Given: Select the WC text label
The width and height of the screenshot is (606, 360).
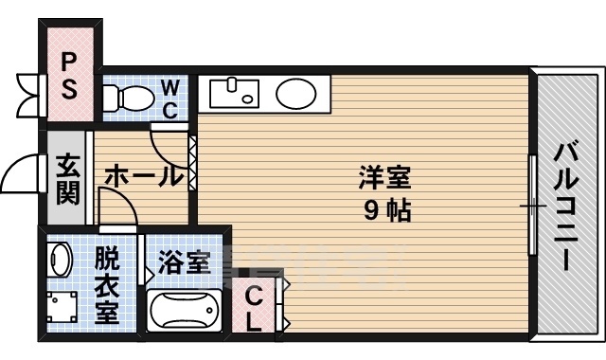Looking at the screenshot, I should click(x=169, y=99).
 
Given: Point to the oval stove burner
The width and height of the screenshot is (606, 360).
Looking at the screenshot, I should click(x=296, y=93).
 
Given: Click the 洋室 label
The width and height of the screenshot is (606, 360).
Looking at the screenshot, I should click(x=384, y=178).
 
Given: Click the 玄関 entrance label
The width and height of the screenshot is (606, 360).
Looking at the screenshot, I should click(x=67, y=179).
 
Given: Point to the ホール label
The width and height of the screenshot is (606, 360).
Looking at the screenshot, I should click(x=142, y=175).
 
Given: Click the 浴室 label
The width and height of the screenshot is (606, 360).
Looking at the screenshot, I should click(x=183, y=262).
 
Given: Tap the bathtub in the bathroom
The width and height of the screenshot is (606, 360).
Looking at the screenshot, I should click(x=186, y=312).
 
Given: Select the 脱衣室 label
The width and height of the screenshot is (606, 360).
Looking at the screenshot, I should click(x=106, y=285).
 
